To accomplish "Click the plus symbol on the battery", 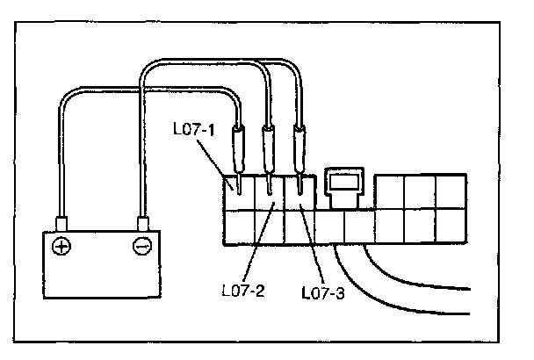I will point(61,246).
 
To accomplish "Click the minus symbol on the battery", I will point(141,246).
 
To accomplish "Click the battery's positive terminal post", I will point(61,222).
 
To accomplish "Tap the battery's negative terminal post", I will point(141,222).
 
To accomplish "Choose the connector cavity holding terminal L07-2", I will point(271,191).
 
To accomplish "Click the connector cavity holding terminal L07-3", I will point(300,191).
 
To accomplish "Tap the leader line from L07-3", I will point(311,247).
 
